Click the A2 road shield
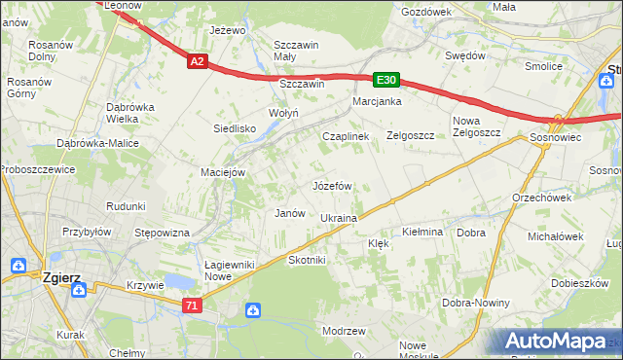tap(198, 61)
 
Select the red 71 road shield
tap(193, 306)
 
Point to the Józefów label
tap(331, 185)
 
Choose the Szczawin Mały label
tap(298, 51)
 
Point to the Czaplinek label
tap(346, 137)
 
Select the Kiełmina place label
tap(422, 233)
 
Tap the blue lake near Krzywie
tap(179, 282)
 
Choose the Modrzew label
tap(343, 331)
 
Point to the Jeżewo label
tap(228, 30)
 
